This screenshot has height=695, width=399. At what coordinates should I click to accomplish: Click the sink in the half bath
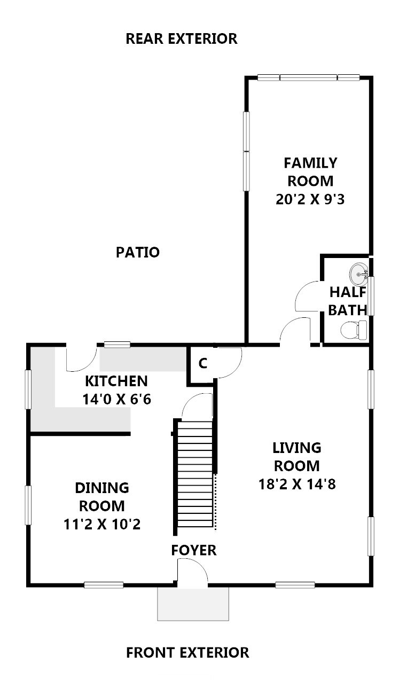358,274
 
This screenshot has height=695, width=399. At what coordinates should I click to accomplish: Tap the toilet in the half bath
354,330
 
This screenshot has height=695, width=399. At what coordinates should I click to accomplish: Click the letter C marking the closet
202,363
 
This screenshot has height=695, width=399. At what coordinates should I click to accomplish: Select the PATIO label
138,252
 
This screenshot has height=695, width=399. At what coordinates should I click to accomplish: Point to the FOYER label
194,550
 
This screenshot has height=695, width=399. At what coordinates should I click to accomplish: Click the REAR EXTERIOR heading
182,39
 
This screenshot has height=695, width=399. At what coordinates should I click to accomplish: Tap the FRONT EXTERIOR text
187,652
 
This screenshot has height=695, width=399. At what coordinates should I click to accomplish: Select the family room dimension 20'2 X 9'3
310,199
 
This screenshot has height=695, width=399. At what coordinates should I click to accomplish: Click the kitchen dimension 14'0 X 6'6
116,399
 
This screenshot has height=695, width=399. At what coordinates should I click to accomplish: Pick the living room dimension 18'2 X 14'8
297,484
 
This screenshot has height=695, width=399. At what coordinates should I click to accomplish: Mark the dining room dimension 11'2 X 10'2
102,525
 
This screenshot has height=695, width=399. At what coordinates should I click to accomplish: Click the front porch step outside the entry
193,604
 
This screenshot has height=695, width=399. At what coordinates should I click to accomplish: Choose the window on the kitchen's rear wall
117,345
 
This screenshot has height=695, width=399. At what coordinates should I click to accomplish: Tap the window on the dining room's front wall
104,585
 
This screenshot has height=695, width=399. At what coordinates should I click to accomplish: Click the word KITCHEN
116,381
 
